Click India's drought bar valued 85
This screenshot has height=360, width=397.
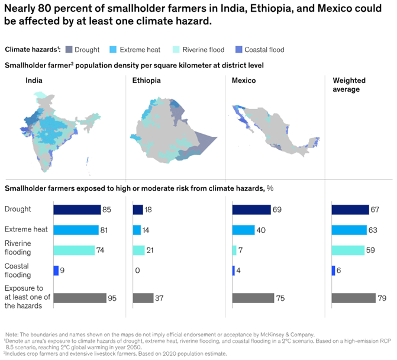[x=78, y=210]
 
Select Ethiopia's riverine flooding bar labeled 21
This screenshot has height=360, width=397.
[x=139, y=250]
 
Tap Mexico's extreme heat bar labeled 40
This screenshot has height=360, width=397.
[x=244, y=230]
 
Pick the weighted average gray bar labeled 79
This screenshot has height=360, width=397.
[x=354, y=298]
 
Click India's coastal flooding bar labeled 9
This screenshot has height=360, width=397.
[x=56, y=271]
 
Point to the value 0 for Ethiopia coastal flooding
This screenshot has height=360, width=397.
[x=137, y=271]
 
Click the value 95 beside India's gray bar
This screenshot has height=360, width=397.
[x=112, y=298]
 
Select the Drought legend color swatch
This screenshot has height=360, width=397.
[x=69, y=49]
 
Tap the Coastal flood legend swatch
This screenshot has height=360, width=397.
[x=239, y=49]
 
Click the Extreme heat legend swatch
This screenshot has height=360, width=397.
[x=113, y=49]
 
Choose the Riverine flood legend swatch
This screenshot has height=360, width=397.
[x=176, y=49]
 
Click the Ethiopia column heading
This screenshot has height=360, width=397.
[x=146, y=81]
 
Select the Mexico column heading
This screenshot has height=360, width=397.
[x=244, y=81]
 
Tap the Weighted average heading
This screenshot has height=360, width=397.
[x=349, y=85]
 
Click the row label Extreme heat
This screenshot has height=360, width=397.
[x=26, y=229]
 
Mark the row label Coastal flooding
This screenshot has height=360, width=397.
[x=18, y=271]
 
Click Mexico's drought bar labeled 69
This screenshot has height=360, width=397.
[x=251, y=210]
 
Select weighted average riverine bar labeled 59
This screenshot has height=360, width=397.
[x=348, y=250]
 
